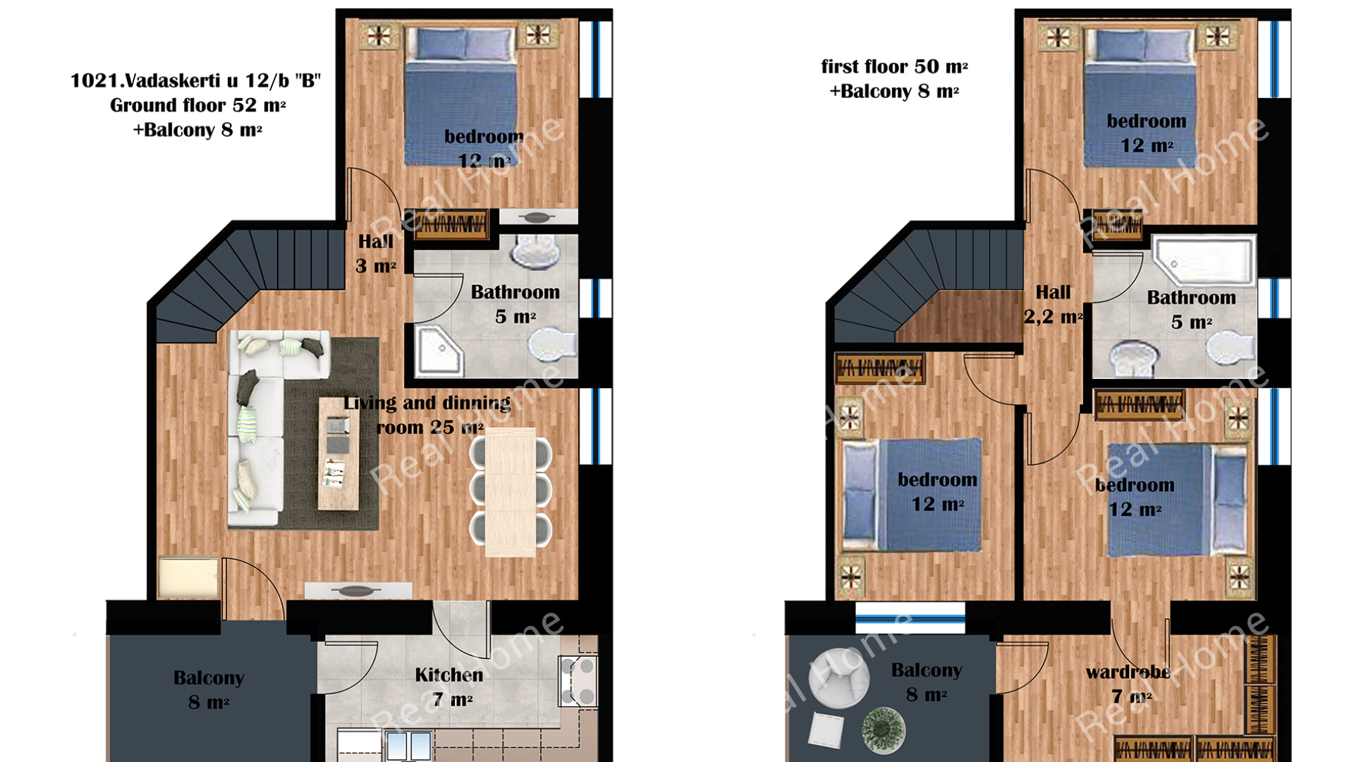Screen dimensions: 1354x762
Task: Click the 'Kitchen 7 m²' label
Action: [x=449, y=687]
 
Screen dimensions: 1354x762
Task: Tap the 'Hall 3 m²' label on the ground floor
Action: [x=376, y=254]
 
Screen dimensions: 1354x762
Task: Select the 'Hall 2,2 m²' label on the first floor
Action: [x=1053, y=305]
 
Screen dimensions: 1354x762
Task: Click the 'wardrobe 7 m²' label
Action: [x=1128, y=684]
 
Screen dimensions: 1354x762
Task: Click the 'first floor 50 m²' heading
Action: [x=894, y=67]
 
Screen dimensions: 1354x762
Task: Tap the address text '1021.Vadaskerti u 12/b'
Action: [x=180, y=80]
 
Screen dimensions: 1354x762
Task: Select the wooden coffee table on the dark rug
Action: [x=338, y=453]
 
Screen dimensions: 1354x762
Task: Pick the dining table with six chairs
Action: [x=511, y=492]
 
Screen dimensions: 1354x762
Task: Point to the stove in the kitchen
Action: [x=578, y=681]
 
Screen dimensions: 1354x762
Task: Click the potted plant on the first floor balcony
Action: [x=883, y=728]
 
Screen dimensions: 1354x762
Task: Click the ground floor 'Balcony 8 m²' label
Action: [x=209, y=690]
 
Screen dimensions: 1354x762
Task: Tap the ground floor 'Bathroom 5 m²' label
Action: [x=516, y=304]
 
